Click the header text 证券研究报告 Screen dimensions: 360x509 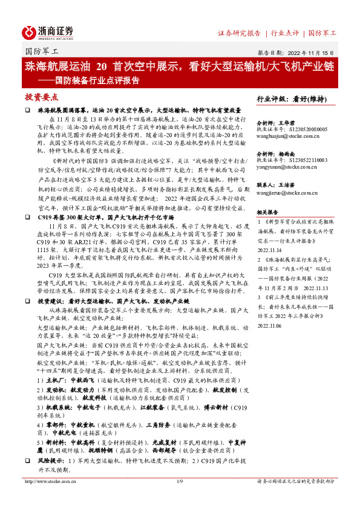[x=239, y=33]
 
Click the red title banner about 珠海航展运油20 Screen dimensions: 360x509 [x=179, y=66]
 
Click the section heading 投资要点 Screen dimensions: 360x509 [x=42, y=97]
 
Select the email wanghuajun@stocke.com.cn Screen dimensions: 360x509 [x=292, y=136]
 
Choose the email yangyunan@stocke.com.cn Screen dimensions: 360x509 [x=290, y=168]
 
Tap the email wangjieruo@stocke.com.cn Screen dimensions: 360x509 [x=292, y=193]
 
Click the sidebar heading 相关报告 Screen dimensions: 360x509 [x=267, y=212]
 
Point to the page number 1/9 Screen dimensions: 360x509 [x=179, y=499]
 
